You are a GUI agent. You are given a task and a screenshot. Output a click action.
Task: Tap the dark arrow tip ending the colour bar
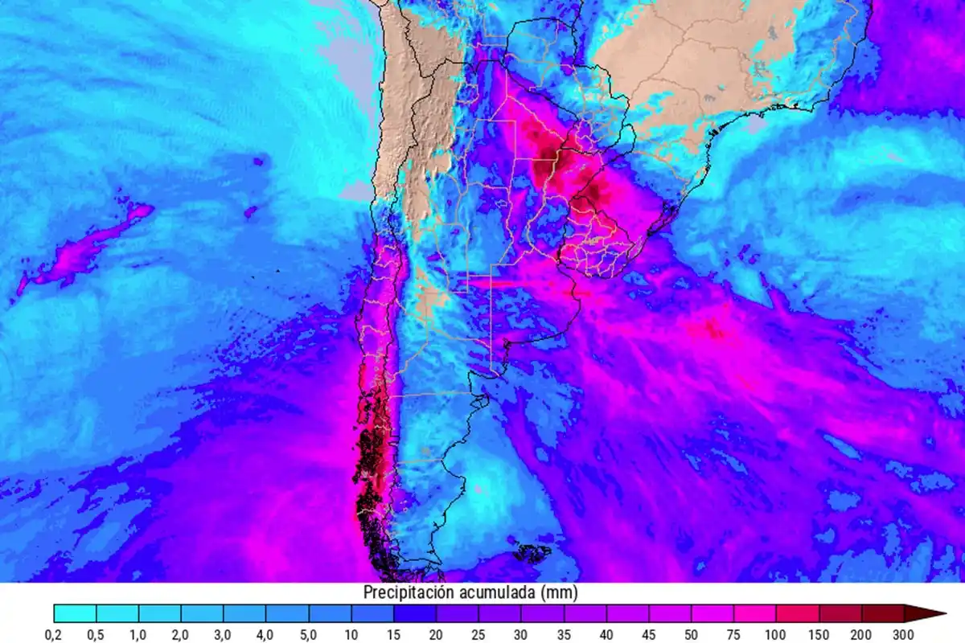coord(933,614)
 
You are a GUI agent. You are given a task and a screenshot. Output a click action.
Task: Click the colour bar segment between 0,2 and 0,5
coord(75,614)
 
